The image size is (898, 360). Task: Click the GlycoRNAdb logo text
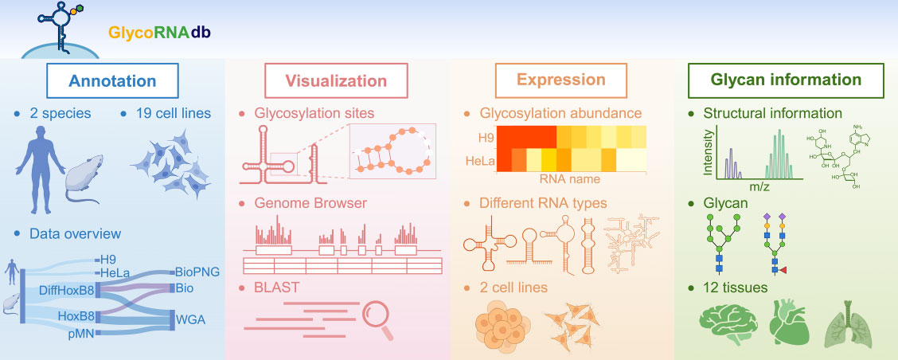click(160, 34)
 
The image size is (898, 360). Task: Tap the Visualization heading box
click(338, 81)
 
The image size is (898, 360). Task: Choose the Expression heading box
click(560, 80)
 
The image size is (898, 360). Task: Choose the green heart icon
click(788, 327)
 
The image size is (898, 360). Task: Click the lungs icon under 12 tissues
click(850, 328)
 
